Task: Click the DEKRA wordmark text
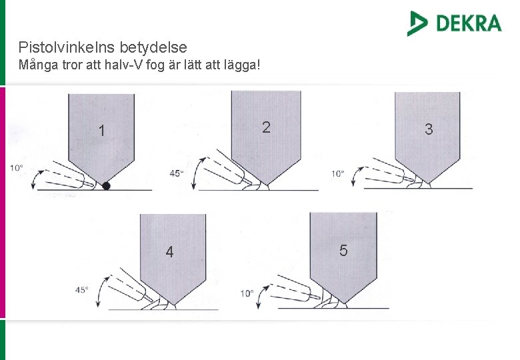coord(469,23)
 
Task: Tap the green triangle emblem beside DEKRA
coord(417,23)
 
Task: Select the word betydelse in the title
coord(153,47)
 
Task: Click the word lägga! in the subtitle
coord(242,65)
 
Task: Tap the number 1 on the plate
coord(101,130)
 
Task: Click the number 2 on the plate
coord(266,127)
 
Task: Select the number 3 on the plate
coord(429,129)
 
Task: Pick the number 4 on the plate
coord(169,252)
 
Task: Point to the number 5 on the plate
coord(343,250)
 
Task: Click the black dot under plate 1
coord(106,186)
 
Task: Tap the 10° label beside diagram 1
coord(16,168)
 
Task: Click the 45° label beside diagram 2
coord(177,173)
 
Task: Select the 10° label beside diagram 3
coord(337,174)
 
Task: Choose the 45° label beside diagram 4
coord(81,290)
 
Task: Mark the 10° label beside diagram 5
coord(247,293)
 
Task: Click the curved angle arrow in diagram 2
coord(195,173)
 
